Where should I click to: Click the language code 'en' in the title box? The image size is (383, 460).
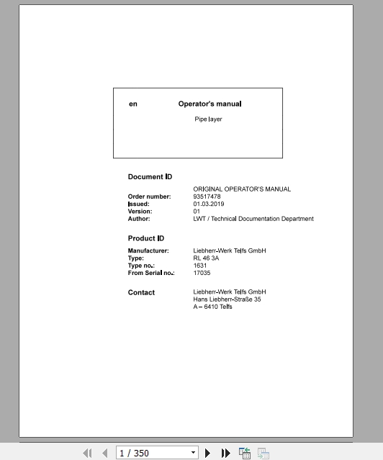(132, 104)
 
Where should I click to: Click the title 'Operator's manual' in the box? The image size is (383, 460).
(210, 104)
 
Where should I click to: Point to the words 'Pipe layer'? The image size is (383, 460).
(208, 119)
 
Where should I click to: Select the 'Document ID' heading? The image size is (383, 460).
(150, 177)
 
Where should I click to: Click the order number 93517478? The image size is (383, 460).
(207, 197)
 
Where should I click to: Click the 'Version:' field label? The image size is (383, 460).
(140, 212)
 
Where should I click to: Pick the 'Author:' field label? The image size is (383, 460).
(139, 219)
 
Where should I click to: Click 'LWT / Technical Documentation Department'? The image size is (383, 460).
(253, 219)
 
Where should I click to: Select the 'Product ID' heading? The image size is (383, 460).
(146, 238)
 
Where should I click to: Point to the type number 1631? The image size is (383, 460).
(200, 266)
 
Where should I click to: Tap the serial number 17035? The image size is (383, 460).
(202, 273)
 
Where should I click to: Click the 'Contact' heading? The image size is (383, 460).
(141, 292)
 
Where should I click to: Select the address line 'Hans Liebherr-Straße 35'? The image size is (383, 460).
(227, 299)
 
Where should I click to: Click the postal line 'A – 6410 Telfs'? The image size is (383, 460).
(212, 307)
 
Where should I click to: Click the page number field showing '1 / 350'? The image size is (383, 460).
(151, 453)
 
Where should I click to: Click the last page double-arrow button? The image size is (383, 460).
(226, 453)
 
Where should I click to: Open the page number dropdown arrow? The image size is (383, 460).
(193, 453)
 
